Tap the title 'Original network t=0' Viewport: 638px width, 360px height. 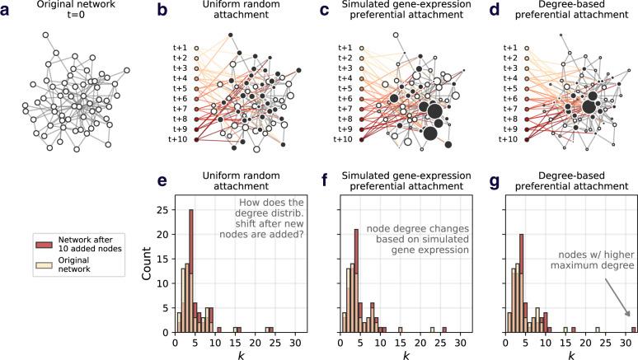[79, 14]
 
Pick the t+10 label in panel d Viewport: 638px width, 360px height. [511, 139]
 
